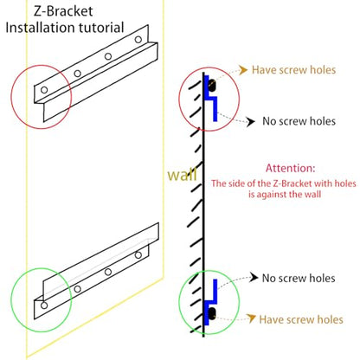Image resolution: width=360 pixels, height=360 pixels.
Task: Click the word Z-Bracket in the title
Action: pyautogui.click(x=63, y=11)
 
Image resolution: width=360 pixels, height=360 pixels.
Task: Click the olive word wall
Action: pyautogui.click(x=183, y=174)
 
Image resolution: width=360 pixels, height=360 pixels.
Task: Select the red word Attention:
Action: pyautogui.click(x=291, y=168)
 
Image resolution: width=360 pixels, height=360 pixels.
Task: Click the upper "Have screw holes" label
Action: pyautogui.click(x=293, y=70)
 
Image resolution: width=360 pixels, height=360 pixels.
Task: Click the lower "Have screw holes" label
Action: pyautogui.click(x=301, y=319)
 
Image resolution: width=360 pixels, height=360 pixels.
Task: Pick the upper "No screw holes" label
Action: pyautogui.click(x=299, y=121)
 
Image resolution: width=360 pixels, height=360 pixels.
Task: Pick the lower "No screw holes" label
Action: pyautogui.click(x=299, y=278)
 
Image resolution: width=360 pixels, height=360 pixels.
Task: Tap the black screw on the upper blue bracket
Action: pyautogui.click(x=212, y=86)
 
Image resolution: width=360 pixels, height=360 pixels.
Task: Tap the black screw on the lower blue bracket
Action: pyautogui.click(x=212, y=313)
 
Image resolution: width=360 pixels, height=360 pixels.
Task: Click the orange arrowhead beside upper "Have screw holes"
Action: pyautogui.click(x=243, y=70)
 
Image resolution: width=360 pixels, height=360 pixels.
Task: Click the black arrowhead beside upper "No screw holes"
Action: pyautogui.click(x=251, y=122)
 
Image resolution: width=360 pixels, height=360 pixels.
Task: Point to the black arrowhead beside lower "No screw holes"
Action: pyautogui.click(x=254, y=278)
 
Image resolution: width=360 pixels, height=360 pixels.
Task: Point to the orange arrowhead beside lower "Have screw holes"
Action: pyautogui.click(x=251, y=318)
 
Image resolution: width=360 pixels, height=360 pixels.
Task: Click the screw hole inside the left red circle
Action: pyautogui.click(x=44, y=90)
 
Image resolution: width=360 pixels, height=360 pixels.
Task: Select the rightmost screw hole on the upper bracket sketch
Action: pyautogui.click(x=138, y=40)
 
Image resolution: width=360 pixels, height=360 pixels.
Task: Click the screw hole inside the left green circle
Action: pyautogui.click(x=44, y=305)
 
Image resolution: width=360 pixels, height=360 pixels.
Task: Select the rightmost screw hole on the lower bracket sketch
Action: pyautogui.click(x=138, y=255)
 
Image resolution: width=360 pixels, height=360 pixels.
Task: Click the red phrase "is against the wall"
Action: pyautogui.click(x=285, y=195)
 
